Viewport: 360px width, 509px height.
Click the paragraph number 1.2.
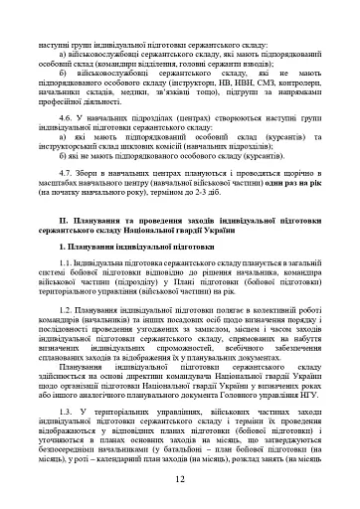coord(66,310)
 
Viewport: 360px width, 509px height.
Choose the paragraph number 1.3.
coord(66,408)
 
